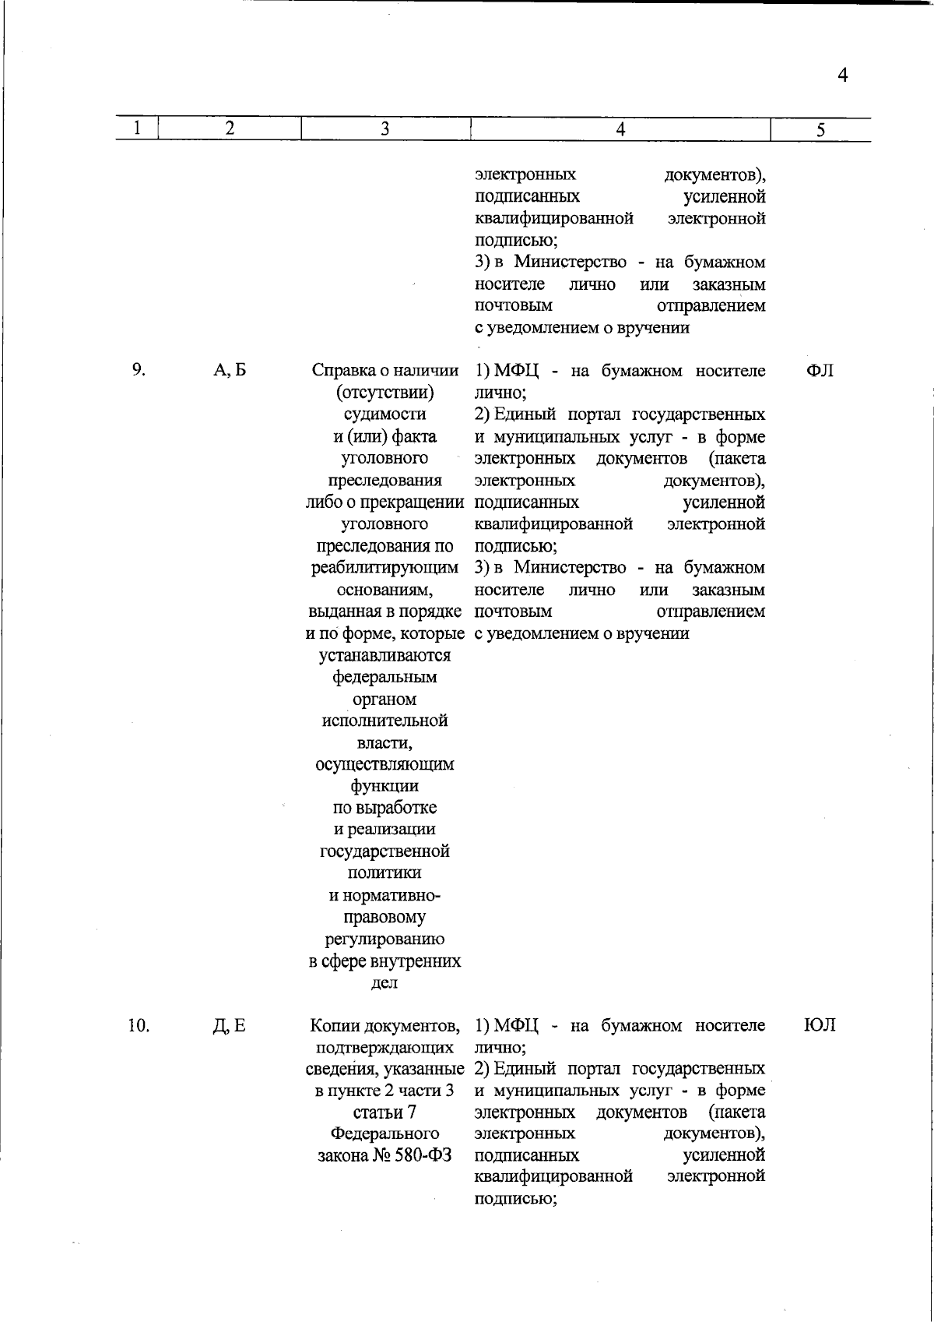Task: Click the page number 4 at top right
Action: click(x=841, y=75)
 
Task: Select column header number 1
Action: click(x=136, y=129)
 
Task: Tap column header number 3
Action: click(x=384, y=129)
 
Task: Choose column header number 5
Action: click(x=820, y=131)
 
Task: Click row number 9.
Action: click(x=138, y=370)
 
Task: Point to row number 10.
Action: click(x=138, y=1025)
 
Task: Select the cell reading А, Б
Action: click(x=230, y=371)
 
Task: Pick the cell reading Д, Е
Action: click(x=229, y=1026)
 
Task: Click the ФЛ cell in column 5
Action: click(x=820, y=371)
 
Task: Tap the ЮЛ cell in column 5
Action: click(x=820, y=1025)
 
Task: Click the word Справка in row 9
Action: click(x=343, y=371)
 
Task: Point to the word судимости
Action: click(x=384, y=414)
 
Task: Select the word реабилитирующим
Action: click(x=384, y=568)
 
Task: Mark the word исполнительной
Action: click(x=384, y=721)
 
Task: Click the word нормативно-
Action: click(x=384, y=895)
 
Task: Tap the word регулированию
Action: click(x=384, y=939)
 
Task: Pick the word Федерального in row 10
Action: click(x=384, y=1134)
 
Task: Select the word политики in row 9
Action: click(x=384, y=873)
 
